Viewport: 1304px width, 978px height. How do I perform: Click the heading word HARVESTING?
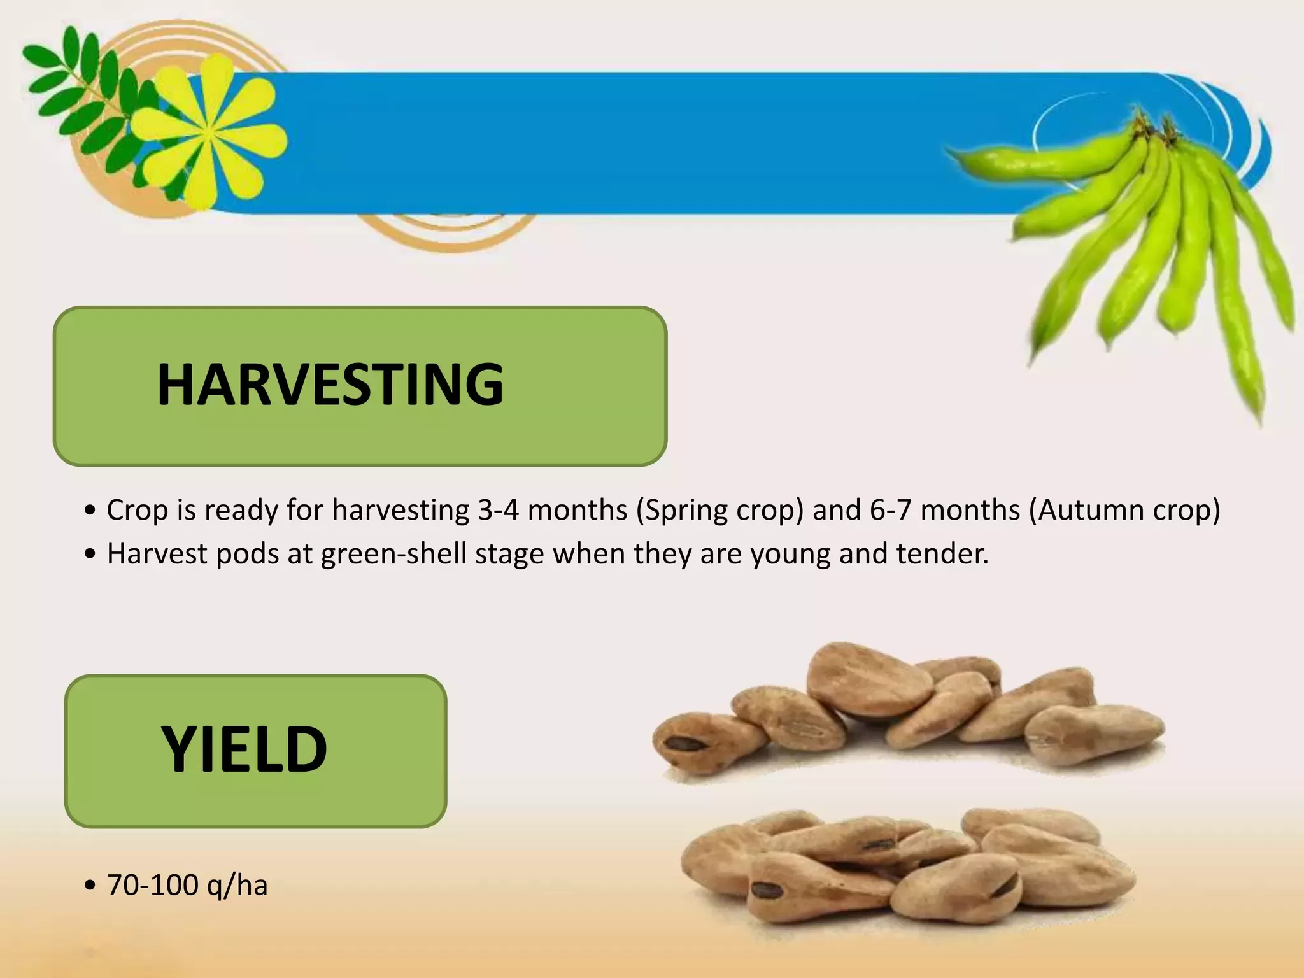coord(330,384)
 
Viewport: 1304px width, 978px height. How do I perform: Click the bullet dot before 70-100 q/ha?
coord(90,886)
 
